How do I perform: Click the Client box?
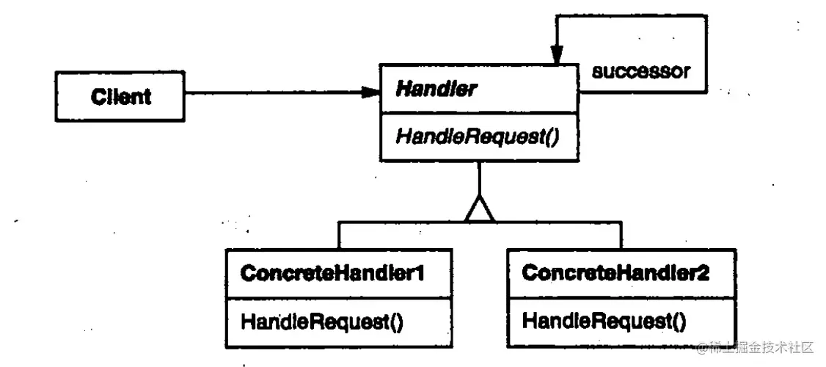click(x=120, y=95)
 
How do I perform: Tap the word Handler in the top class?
click(x=435, y=90)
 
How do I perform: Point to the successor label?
click(x=640, y=71)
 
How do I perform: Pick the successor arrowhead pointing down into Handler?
click(x=557, y=55)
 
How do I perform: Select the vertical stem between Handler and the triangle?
click(x=479, y=179)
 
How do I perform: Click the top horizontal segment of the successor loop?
click(x=631, y=17)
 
